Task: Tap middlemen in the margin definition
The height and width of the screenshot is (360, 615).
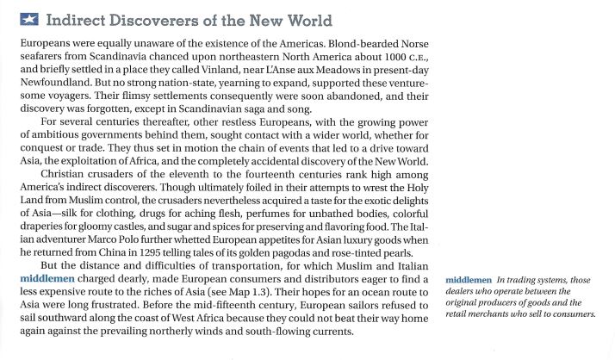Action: [x=471, y=280]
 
